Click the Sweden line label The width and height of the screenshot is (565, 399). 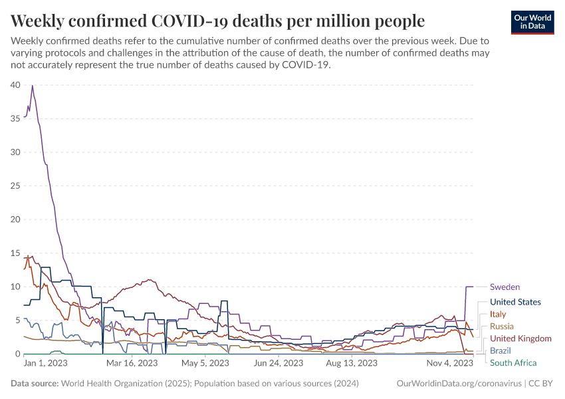click(x=505, y=287)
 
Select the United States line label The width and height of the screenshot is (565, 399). click(x=515, y=302)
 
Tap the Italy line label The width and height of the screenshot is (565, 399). click(x=498, y=314)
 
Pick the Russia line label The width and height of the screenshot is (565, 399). click(x=502, y=327)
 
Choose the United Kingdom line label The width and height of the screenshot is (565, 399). click(x=520, y=338)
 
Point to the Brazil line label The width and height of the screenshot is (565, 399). click(x=501, y=350)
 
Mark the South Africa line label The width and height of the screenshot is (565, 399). click(x=513, y=362)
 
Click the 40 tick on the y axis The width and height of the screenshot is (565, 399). click(x=15, y=84)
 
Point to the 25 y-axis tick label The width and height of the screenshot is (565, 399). click(x=15, y=186)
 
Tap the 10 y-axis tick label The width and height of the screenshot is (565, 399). click(x=15, y=287)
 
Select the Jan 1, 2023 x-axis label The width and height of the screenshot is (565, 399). click(x=45, y=364)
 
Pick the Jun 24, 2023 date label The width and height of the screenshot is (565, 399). click(x=278, y=364)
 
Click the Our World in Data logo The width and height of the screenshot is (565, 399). click(x=532, y=22)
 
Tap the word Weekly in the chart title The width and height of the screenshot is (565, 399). click(x=39, y=19)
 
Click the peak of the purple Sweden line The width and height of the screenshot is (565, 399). click(x=32, y=85)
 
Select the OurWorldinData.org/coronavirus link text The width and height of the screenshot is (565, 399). click(x=458, y=384)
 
